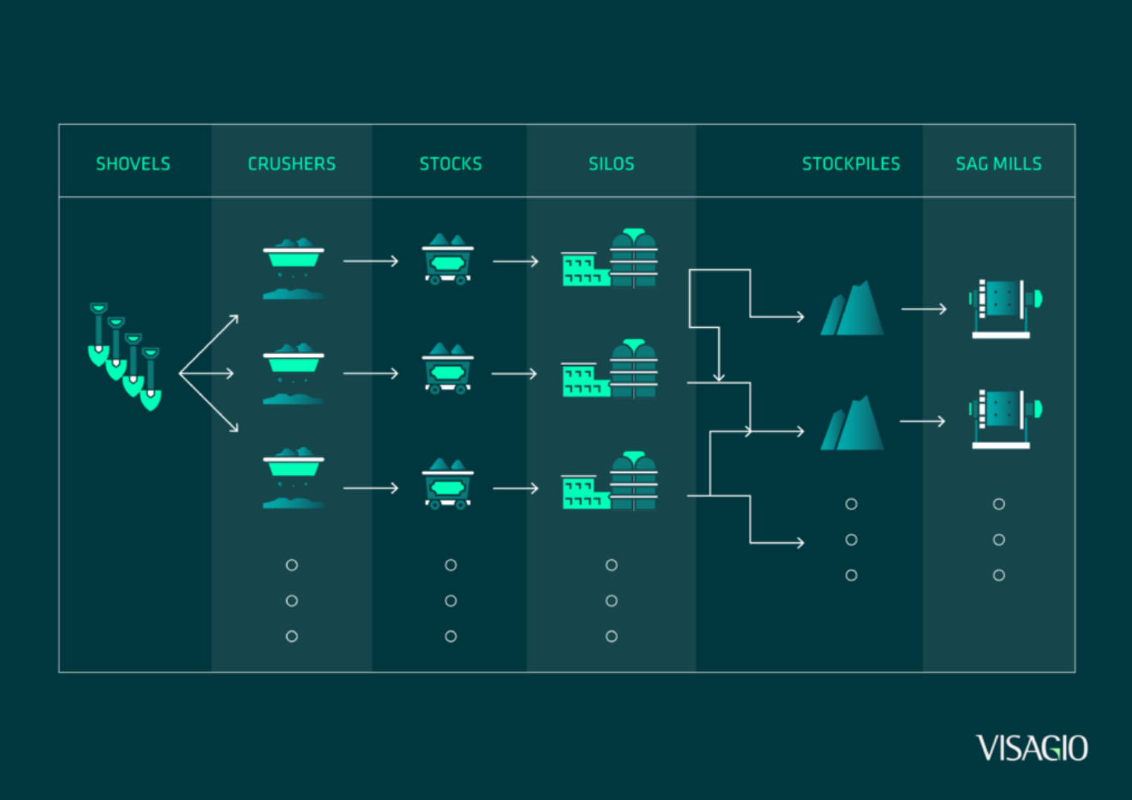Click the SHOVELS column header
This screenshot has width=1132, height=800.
point(133,164)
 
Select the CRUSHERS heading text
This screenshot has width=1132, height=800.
point(292,164)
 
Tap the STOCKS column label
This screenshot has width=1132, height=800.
point(451,164)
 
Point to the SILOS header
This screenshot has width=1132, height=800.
point(611,164)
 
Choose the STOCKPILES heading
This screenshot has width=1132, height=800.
point(851,164)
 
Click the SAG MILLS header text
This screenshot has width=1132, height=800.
point(998,164)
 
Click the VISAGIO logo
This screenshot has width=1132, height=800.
point(1032,748)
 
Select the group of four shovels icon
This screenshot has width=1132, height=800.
point(125,356)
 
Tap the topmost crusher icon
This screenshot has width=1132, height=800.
point(294,268)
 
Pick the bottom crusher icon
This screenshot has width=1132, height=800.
point(294,478)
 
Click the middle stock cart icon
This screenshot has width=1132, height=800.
point(448,368)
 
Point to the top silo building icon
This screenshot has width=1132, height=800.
point(610,259)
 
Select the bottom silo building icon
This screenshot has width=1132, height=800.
point(610,481)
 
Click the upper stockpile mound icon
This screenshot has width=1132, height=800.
point(852,309)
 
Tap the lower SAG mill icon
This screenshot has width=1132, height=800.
point(1004,419)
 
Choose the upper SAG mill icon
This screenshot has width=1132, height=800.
point(1004,309)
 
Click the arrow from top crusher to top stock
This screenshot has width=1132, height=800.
point(370,261)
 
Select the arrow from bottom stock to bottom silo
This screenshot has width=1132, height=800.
point(515,488)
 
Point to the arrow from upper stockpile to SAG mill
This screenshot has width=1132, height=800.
point(924,309)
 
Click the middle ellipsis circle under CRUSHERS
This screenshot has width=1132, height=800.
point(292,601)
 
